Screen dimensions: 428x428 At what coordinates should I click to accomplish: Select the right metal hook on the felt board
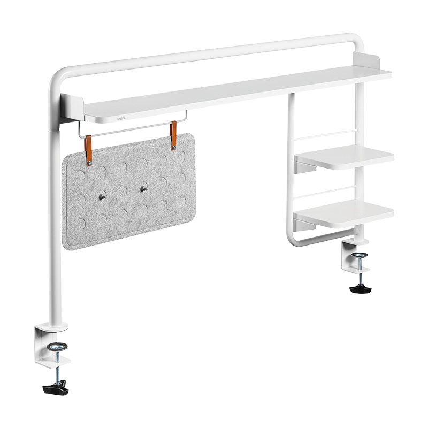click(x=143, y=188)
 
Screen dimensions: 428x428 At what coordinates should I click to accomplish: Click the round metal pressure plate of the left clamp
click(x=56, y=348)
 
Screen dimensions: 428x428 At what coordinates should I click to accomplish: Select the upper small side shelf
click(x=345, y=158)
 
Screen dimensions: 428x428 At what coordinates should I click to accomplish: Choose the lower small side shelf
click(x=345, y=214)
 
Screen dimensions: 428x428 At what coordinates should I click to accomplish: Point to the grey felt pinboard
click(x=128, y=214)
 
